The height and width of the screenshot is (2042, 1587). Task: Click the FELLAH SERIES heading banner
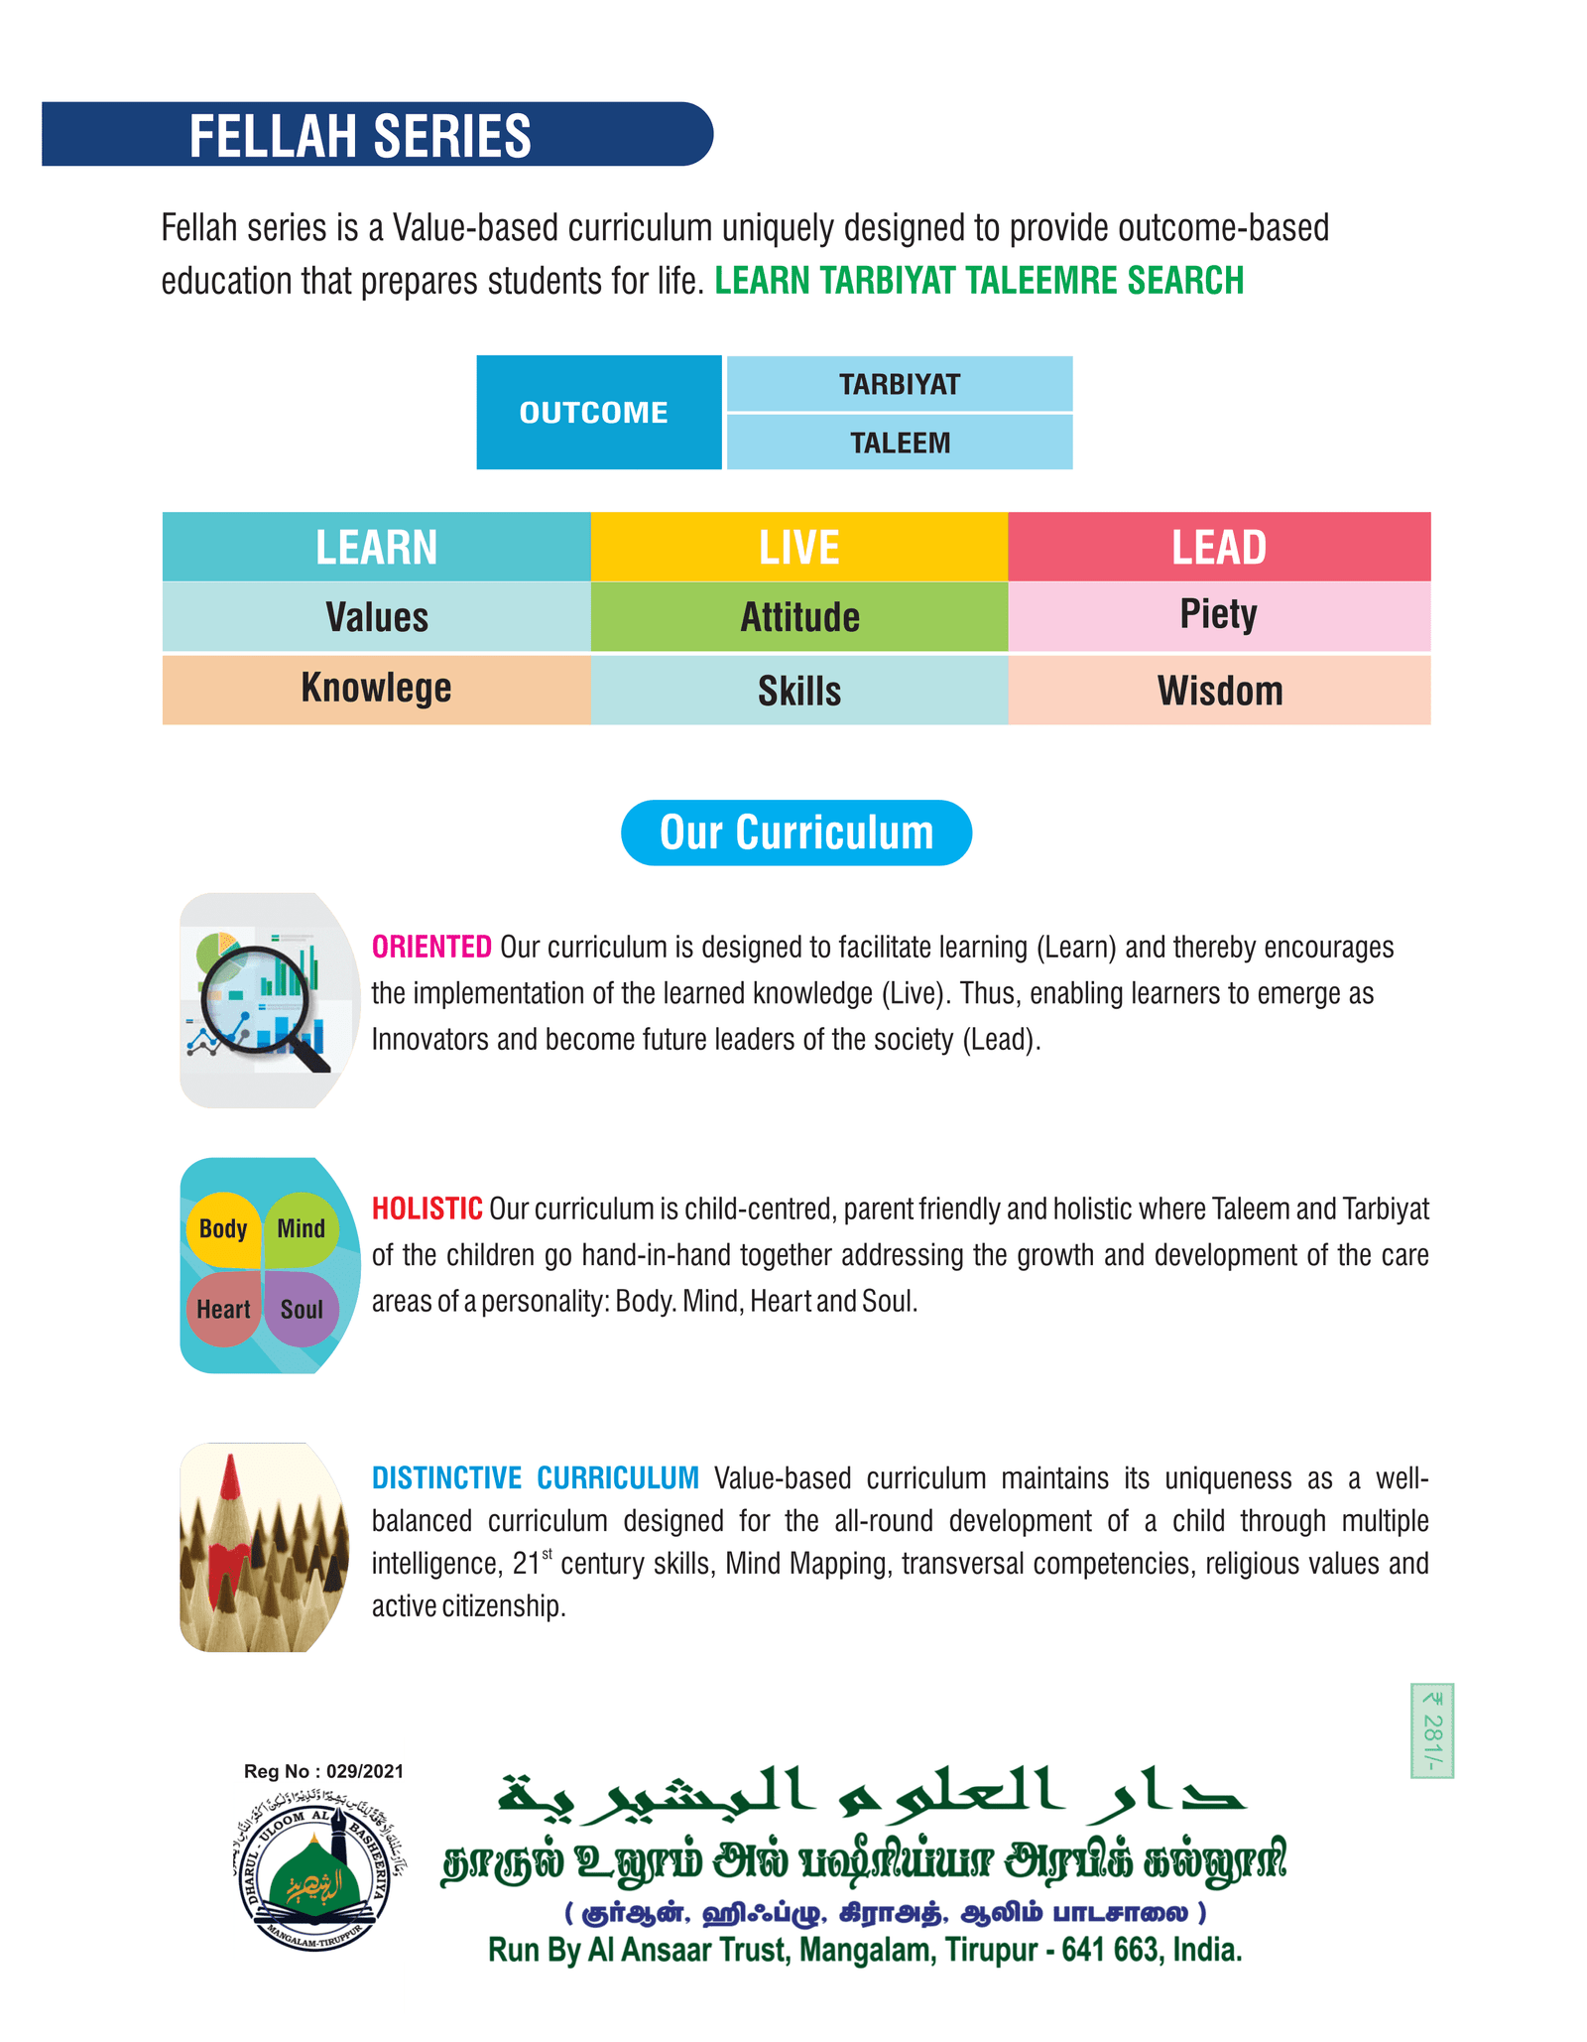point(377,134)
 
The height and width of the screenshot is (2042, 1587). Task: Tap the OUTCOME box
point(598,412)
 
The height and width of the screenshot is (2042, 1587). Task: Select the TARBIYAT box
point(899,384)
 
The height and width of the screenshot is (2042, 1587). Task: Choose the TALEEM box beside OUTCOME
point(899,443)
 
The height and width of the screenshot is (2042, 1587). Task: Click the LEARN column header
point(376,547)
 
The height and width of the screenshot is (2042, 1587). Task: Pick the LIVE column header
point(798,547)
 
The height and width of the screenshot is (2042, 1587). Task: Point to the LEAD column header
point(1219,547)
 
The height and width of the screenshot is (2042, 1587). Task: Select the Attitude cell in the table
point(798,617)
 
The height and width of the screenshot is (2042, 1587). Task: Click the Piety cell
point(1219,615)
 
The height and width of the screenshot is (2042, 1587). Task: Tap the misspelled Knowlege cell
point(376,689)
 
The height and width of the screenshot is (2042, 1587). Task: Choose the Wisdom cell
point(1219,691)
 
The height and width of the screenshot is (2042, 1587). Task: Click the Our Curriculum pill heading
point(796,832)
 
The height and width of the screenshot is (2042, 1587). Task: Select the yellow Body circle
point(223,1229)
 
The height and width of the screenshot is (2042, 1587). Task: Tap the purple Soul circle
point(302,1310)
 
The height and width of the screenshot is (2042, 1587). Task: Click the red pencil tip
point(231,1478)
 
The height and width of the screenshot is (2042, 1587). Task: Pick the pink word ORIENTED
point(431,947)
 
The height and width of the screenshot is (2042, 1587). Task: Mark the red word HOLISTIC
point(427,1209)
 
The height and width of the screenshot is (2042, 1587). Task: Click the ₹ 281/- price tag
point(1431,1729)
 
